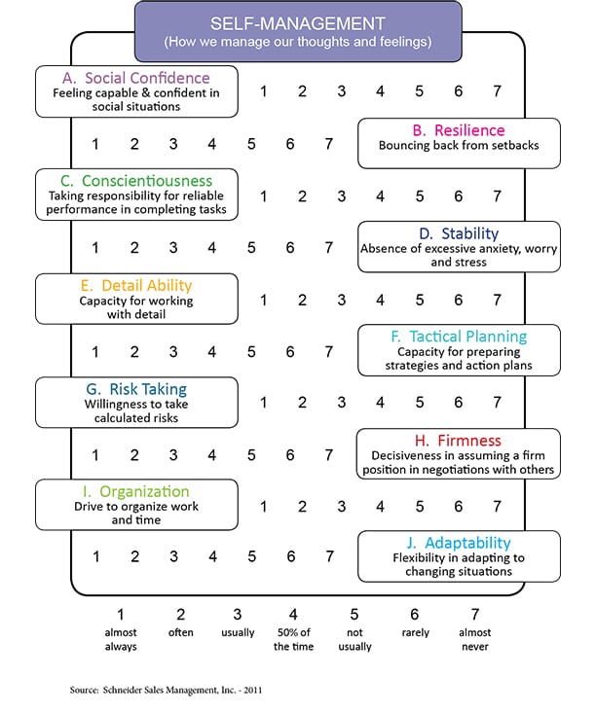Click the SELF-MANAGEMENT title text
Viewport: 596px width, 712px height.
298,23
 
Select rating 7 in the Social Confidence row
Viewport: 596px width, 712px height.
498,91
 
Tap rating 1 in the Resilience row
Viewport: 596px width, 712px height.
95,144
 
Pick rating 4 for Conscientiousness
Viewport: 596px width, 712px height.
380,196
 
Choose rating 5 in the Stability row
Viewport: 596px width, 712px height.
251,247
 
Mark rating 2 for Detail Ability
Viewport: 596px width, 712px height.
302,300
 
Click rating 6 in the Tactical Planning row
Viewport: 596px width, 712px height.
290,351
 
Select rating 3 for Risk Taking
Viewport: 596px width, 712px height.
342,403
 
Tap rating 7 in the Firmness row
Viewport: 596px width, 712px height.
329,454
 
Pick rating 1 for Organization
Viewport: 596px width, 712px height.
263,507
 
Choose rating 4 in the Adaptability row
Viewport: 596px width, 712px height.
212,556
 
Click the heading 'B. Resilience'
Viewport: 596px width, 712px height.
459,130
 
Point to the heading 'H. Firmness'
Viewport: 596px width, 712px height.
458,441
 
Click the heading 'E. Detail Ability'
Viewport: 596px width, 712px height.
136,286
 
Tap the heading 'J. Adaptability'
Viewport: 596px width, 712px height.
459,543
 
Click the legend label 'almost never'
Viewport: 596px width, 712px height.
475,639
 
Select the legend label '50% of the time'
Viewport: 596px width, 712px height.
294,639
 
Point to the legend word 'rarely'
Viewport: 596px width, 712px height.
416,632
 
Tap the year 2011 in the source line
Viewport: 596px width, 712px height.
253,691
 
